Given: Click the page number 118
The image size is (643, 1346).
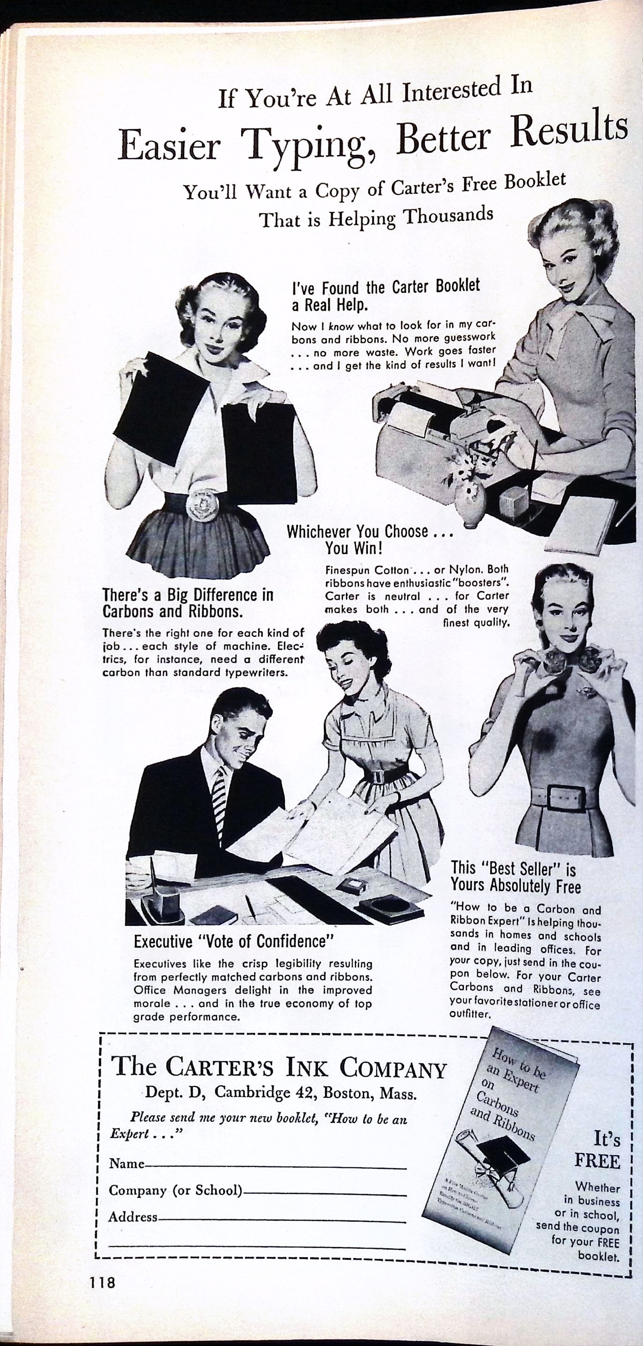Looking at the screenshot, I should [x=102, y=1282].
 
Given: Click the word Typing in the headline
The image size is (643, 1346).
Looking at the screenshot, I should [x=304, y=144].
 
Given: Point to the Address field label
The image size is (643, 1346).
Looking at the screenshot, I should [x=133, y=1217].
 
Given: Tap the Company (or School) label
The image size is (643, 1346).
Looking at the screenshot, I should [x=176, y=1190].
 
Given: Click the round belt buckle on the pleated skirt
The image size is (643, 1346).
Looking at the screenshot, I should [x=202, y=504].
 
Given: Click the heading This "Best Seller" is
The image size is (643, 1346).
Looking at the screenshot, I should [x=513, y=869].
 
